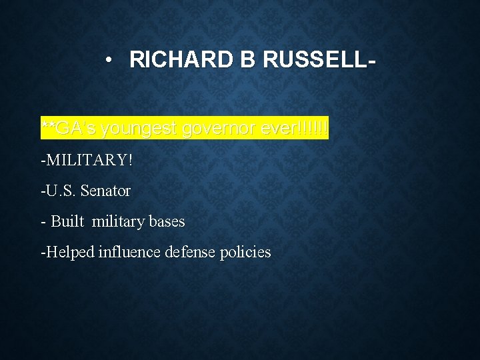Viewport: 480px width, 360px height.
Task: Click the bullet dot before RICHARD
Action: pos(109,60)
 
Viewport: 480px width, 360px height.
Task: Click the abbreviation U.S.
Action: pos(61,191)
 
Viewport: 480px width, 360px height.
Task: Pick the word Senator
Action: pos(105,191)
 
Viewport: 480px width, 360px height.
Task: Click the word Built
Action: pos(68,221)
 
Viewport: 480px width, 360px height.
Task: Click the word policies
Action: pos(245,253)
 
